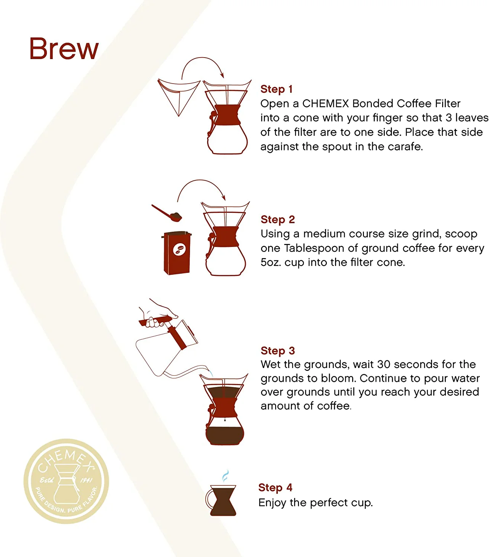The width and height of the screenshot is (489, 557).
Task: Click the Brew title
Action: coord(64,48)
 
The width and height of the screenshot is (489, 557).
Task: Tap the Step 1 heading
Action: coord(276,89)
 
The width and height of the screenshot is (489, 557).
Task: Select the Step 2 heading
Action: coord(277,219)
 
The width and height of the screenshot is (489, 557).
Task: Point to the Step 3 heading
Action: coord(277,351)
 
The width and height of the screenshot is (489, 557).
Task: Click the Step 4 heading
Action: coord(275,488)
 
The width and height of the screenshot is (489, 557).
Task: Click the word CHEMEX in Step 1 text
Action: coord(325,104)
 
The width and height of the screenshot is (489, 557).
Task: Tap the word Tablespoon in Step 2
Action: coord(314,248)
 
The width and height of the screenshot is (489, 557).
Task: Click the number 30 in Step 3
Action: coord(383,364)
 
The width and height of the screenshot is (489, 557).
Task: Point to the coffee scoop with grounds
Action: coord(167,213)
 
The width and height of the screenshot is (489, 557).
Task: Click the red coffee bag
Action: coord(177,253)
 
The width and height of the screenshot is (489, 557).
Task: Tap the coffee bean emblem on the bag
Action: coord(179,250)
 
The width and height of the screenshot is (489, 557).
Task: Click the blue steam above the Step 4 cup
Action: coord(225,476)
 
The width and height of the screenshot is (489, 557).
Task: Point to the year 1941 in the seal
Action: coord(86,480)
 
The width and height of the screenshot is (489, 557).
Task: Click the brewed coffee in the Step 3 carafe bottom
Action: coord(225,436)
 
